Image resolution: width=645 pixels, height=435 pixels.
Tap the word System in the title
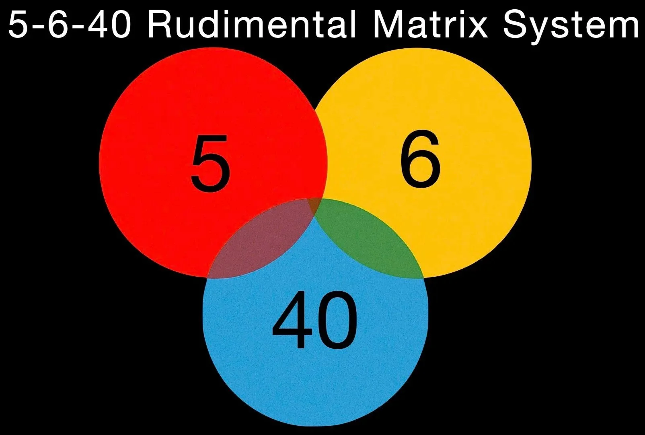(x=571, y=25)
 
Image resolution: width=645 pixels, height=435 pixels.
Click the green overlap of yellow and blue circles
(x=368, y=242)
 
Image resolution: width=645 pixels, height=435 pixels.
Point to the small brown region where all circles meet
(x=314, y=206)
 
